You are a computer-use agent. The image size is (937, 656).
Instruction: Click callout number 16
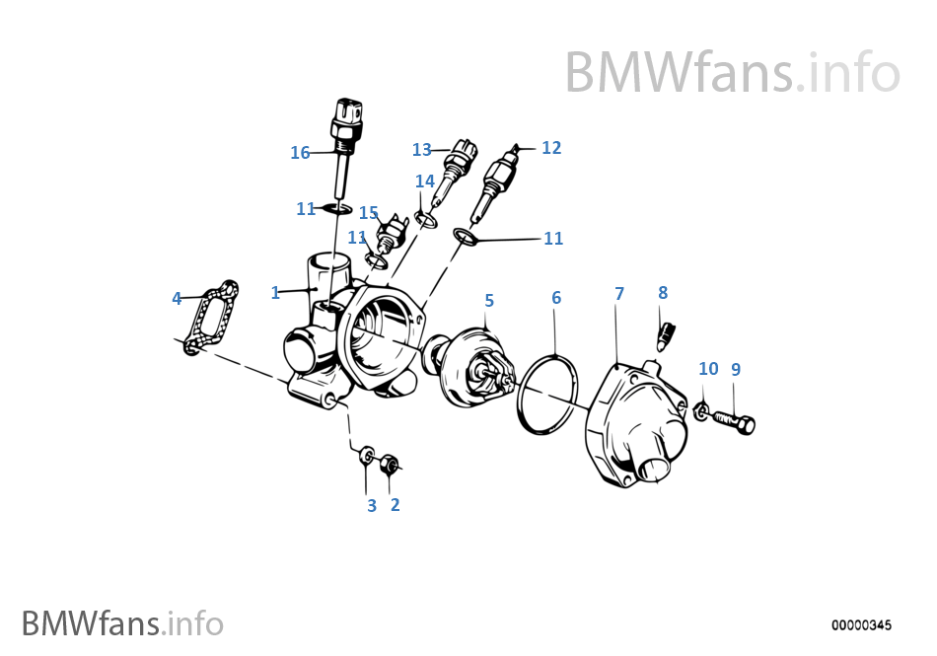(300, 153)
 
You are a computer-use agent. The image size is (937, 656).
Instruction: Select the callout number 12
(551, 148)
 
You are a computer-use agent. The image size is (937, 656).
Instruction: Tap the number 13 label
(422, 150)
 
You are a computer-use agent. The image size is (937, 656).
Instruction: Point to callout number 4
(177, 298)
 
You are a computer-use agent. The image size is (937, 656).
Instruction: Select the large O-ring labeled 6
(545, 394)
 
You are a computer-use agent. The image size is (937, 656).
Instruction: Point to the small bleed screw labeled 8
(667, 334)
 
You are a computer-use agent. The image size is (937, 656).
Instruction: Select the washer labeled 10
(701, 411)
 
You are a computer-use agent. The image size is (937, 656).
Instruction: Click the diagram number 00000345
(861, 625)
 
